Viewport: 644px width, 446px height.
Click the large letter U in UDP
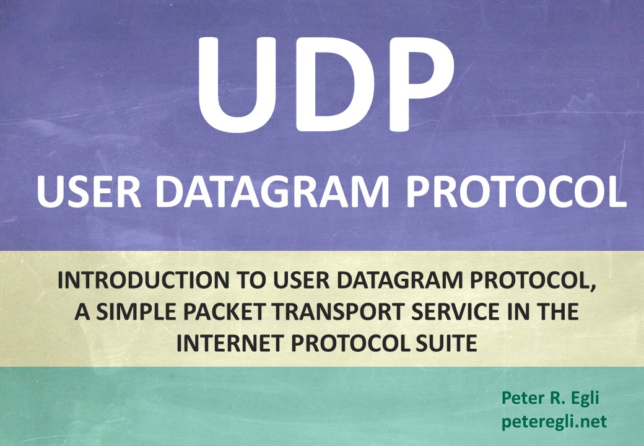[x=237, y=85]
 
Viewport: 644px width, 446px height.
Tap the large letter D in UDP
[x=334, y=85]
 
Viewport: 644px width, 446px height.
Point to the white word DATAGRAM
[x=272, y=192]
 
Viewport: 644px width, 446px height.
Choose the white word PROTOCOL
[x=516, y=192]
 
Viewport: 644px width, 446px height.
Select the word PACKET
[x=224, y=312]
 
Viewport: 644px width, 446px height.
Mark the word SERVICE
[x=456, y=312]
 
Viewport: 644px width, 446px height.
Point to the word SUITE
[x=446, y=343]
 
